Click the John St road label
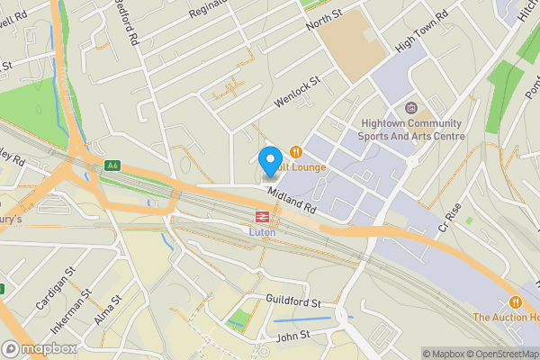[x=292, y=337]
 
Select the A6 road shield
[x=112, y=165]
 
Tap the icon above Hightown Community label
[x=412, y=109]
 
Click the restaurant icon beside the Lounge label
[x=295, y=152]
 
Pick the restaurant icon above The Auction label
[x=515, y=301]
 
